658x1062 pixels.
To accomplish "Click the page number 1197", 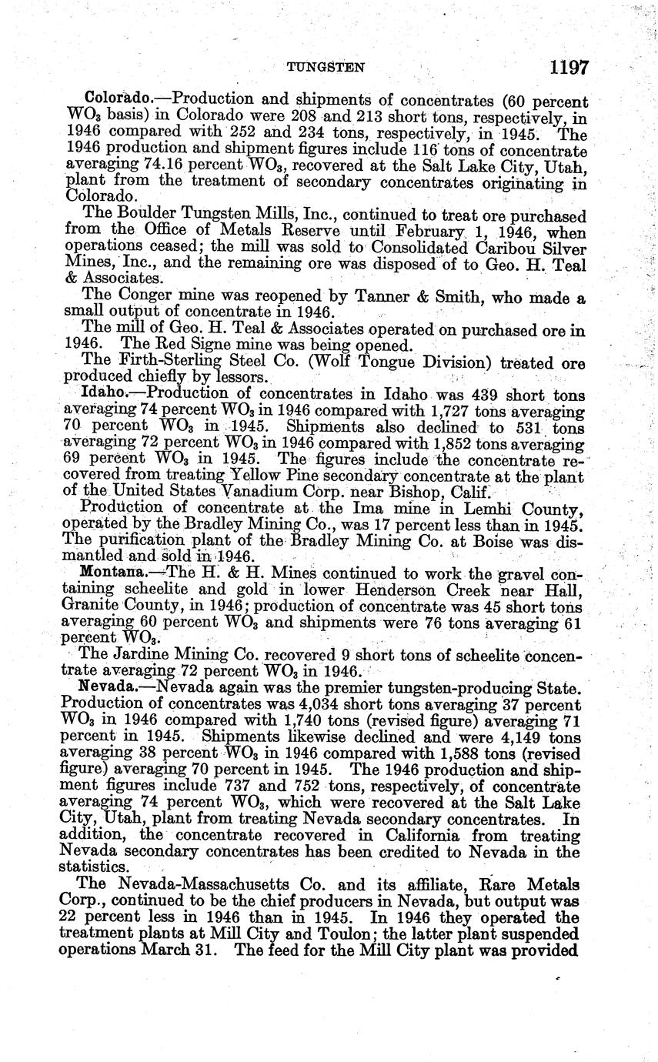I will (x=569, y=67).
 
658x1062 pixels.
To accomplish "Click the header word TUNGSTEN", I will (x=326, y=68).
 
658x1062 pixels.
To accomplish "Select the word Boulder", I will (x=138, y=215).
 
